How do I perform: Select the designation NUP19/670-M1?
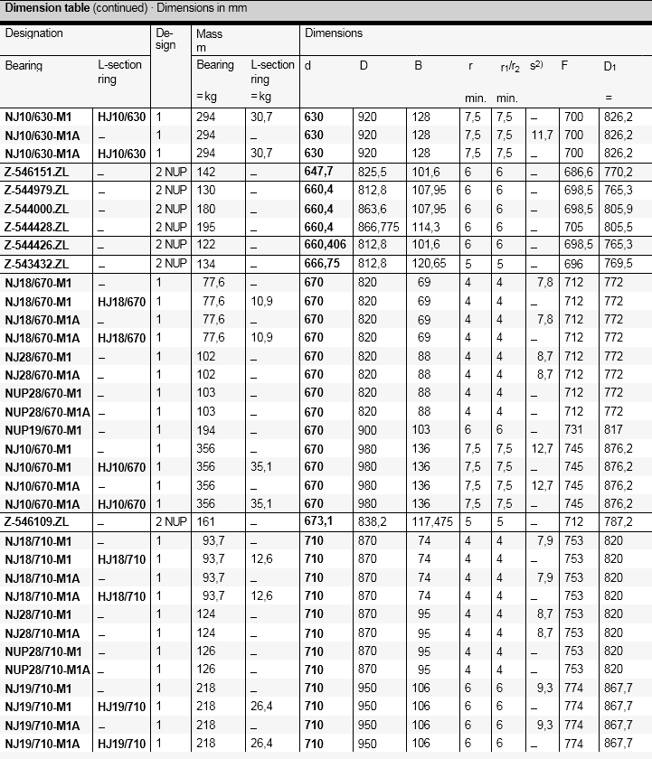coord(43,430)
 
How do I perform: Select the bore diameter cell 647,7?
coord(320,172)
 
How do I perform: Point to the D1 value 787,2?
coord(618,522)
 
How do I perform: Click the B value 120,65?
coord(430,264)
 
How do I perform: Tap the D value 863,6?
coord(373,208)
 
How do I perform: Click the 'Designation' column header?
coord(34,33)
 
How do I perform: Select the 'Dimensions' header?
coord(333,33)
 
